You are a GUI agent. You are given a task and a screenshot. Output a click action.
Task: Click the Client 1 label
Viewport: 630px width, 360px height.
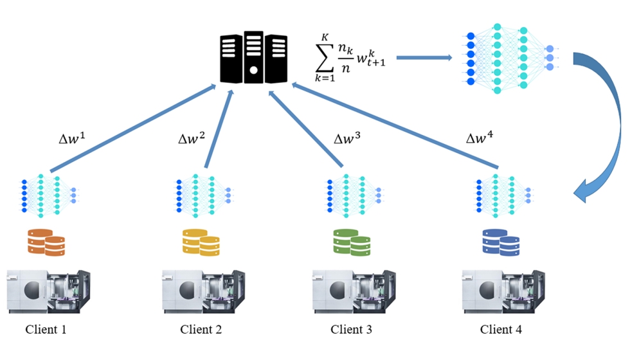click(x=46, y=330)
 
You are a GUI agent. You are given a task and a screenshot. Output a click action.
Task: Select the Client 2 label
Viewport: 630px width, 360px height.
click(x=201, y=330)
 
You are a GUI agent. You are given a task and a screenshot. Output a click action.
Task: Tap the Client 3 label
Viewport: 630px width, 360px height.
click(x=351, y=330)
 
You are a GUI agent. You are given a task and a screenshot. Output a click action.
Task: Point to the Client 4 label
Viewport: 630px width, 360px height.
click(x=501, y=330)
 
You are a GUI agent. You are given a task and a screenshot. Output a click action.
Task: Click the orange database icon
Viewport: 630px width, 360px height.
click(x=46, y=241)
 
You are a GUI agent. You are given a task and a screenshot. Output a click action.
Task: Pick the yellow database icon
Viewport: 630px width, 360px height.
click(x=201, y=241)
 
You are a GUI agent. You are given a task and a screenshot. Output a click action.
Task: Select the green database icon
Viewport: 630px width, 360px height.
click(x=352, y=241)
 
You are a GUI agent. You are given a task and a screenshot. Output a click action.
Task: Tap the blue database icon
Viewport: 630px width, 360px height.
click(x=501, y=241)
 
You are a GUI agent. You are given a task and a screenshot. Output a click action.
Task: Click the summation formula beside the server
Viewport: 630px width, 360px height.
click(x=350, y=59)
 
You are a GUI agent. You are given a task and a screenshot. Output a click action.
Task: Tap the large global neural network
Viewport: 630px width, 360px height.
click(x=509, y=59)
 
